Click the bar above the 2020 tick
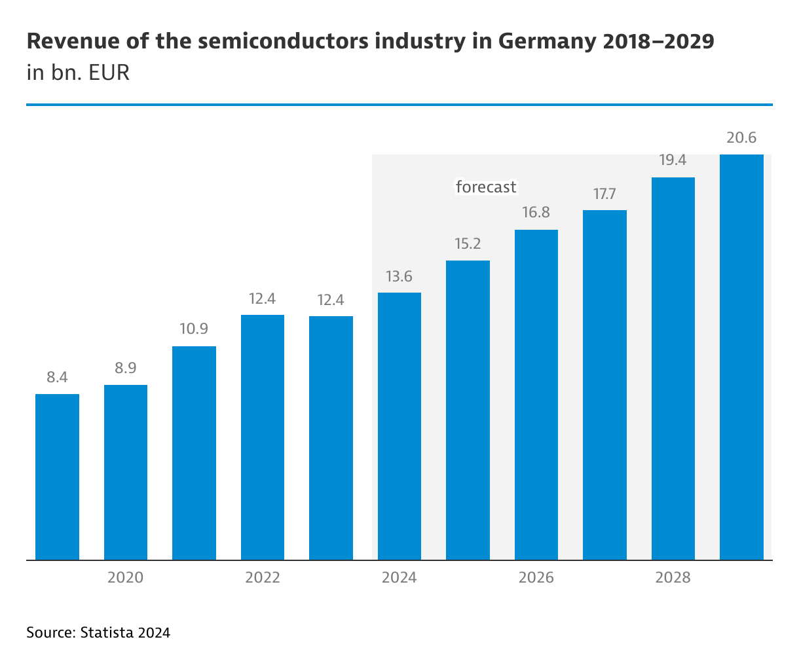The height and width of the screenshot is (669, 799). [126, 472]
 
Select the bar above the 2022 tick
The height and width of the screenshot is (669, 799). [263, 437]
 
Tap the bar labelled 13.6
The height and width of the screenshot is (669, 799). [399, 426]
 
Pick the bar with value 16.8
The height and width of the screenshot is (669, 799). [536, 395]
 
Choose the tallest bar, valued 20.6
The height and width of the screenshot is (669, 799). [741, 357]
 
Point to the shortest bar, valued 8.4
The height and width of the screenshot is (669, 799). [57, 477]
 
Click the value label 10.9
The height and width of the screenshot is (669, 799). [194, 329]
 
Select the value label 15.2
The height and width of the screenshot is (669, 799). [468, 244]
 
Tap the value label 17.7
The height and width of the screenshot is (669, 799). [604, 194]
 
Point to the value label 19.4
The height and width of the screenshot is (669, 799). [673, 160]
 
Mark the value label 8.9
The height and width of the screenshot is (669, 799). [126, 368]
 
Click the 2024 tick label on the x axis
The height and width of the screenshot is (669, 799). [399, 577]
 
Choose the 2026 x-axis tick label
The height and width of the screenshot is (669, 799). [536, 577]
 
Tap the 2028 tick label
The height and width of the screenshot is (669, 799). [673, 577]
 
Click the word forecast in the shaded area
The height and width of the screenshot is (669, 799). [486, 187]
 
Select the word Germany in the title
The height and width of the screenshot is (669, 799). [546, 42]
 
